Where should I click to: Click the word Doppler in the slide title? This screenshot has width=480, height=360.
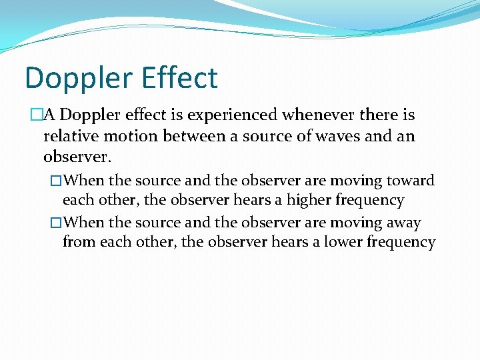(x=74, y=78)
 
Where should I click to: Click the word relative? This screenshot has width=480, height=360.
(x=70, y=137)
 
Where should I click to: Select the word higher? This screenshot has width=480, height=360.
(x=310, y=200)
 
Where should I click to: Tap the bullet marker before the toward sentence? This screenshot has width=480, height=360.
(x=57, y=181)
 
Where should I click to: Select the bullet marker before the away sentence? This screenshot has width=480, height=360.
(x=57, y=223)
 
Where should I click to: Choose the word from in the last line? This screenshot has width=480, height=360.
(x=79, y=242)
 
